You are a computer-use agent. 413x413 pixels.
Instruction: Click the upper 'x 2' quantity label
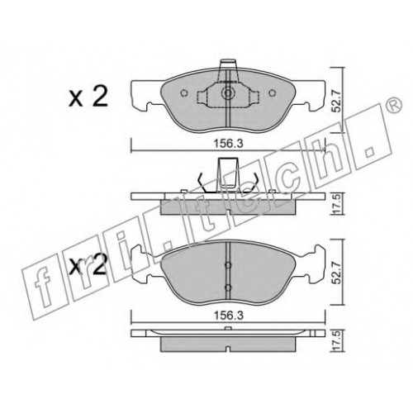(88, 97)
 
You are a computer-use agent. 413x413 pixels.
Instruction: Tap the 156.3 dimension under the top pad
(229, 144)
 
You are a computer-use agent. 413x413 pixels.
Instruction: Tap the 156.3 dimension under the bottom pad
(229, 316)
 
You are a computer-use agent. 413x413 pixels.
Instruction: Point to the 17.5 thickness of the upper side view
(338, 204)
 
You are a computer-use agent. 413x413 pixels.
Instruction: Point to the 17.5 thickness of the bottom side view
(338, 340)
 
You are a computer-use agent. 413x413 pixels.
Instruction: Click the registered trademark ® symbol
(396, 105)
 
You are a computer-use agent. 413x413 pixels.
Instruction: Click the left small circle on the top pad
(184, 93)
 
